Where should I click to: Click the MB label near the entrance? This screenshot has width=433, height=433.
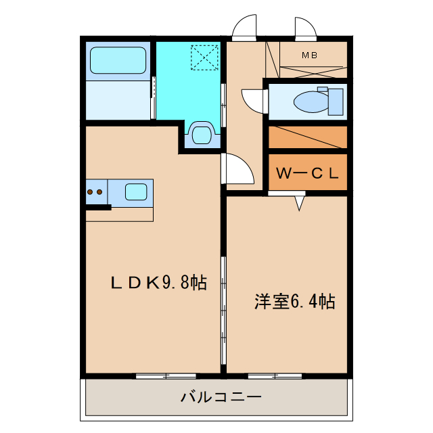tap(309, 55)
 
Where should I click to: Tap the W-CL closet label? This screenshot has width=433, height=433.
tap(306, 173)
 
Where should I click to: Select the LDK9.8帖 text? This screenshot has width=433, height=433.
tap(158, 282)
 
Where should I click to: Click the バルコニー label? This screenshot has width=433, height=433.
tap(220, 396)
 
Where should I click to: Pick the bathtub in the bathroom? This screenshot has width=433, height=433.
tap(118, 62)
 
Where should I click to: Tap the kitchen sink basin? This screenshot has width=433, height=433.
tap(137, 191)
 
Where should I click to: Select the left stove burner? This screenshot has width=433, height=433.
tap(90, 192)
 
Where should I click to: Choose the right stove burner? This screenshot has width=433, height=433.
tap(100, 192)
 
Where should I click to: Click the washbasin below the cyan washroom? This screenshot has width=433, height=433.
tap(202, 133)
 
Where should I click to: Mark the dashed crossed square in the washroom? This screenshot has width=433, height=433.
tap(204, 57)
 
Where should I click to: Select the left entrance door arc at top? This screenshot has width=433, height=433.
tap(244, 29)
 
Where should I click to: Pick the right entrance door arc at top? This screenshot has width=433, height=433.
tap(305, 29)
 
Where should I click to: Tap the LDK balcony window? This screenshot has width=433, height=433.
tap(166, 375)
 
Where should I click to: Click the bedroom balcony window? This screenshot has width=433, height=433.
tap(275, 375)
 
